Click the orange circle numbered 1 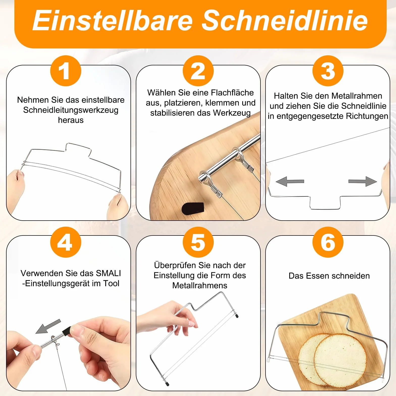click(66, 71)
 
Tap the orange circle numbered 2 click(198, 71)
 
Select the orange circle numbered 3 click(328, 71)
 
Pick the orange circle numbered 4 click(66, 242)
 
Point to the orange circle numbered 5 click(198, 242)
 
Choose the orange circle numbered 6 click(328, 242)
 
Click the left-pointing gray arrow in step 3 click(290, 181)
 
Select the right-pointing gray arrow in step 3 click(363, 181)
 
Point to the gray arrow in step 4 click(48, 326)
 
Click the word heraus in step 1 click(71, 120)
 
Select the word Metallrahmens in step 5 click(200, 285)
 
